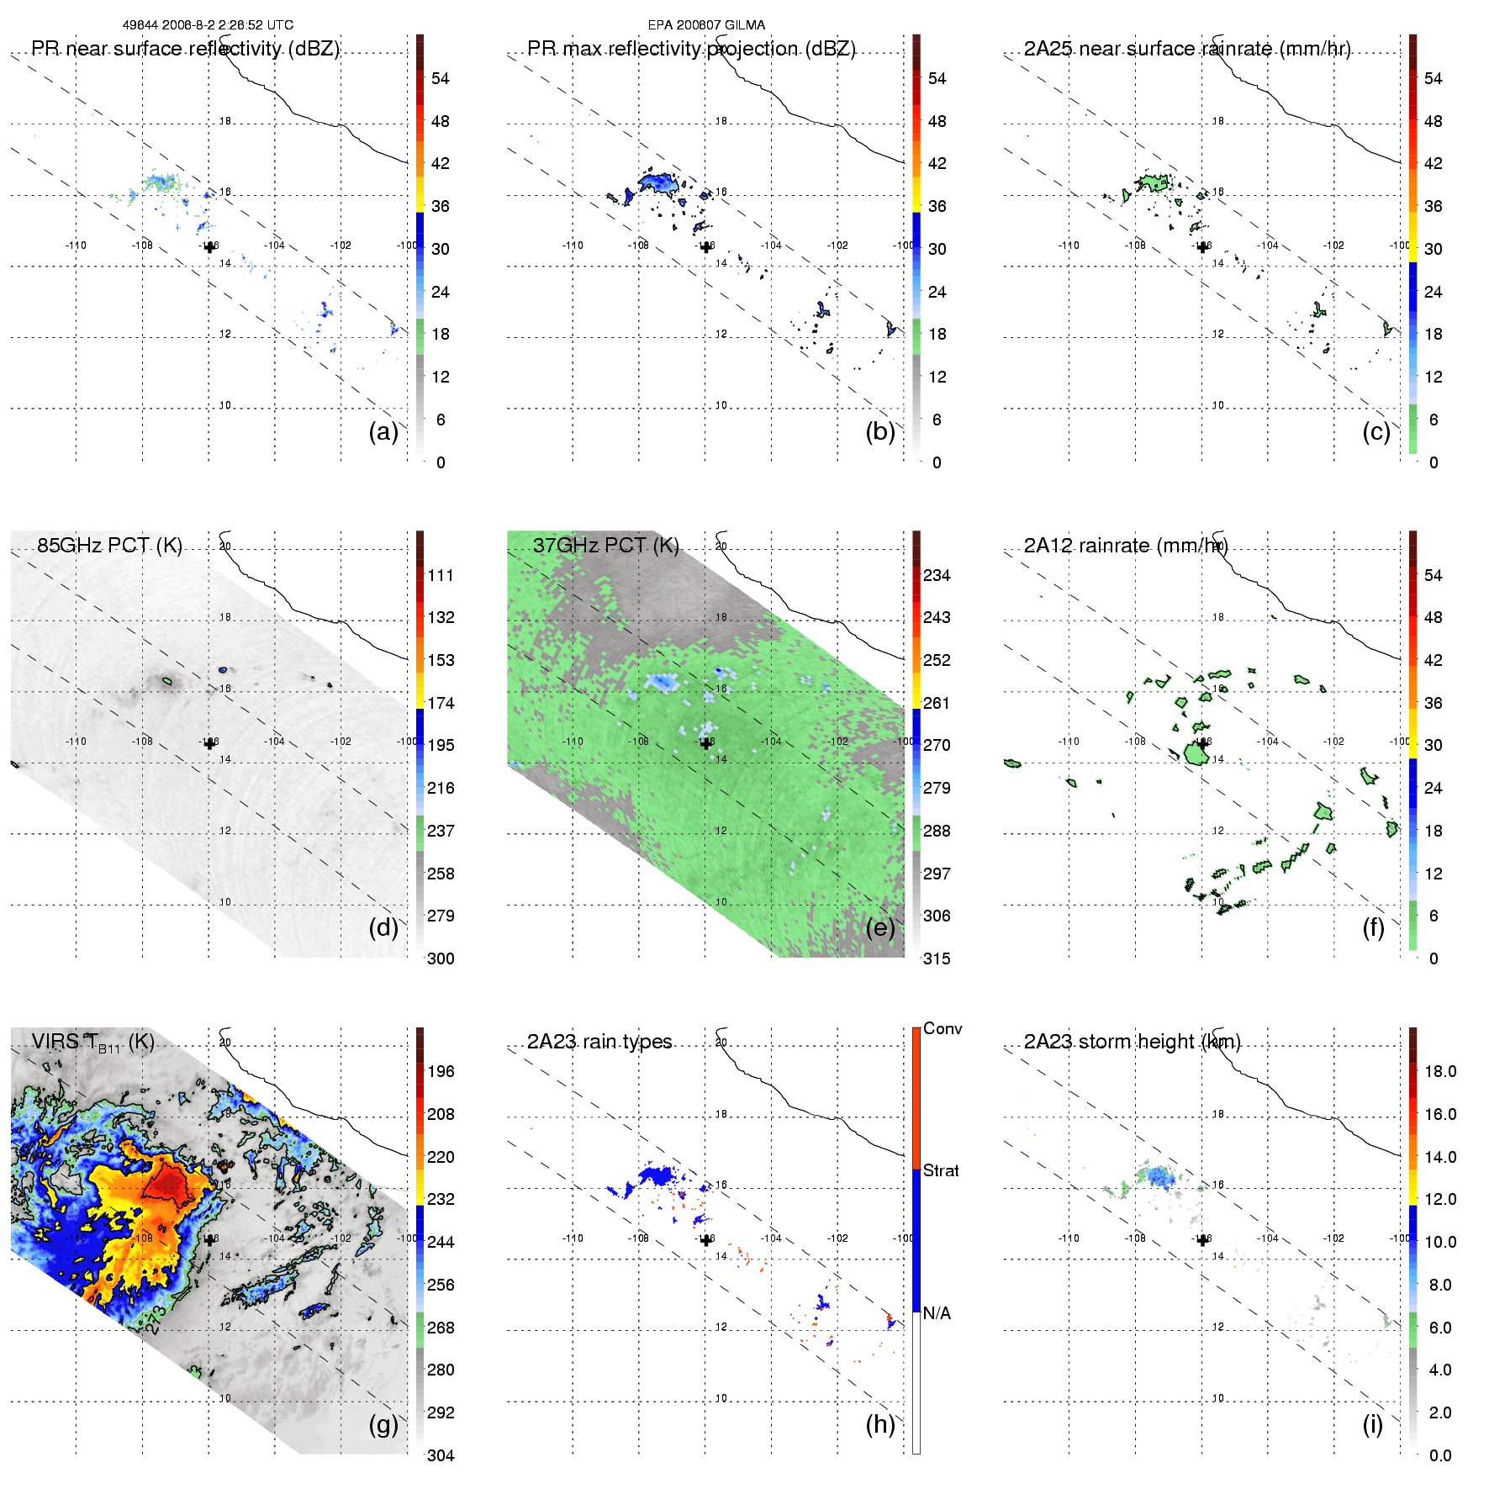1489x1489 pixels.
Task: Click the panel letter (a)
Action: pyautogui.click(x=383, y=432)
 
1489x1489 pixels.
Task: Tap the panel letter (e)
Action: pyautogui.click(x=879, y=928)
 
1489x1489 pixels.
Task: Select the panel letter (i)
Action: pyautogui.click(x=1372, y=1424)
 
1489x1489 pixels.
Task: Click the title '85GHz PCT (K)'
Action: pyautogui.click(x=109, y=545)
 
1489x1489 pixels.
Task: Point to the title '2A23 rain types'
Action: pyautogui.click(x=599, y=1042)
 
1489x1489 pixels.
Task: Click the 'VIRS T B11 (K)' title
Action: pyautogui.click(x=92, y=1043)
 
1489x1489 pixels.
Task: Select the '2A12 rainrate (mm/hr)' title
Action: pyautogui.click(x=1126, y=545)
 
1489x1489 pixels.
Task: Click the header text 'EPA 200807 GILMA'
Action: pyautogui.click(x=706, y=25)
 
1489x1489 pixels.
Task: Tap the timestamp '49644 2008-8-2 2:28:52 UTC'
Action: pyautogui.click(x=208, y=25)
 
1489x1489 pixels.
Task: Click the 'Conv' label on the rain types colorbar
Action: pyautogui.click(x=943, y=1028)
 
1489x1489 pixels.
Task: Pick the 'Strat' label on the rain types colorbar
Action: pyautogui.click(x=941, y=1170)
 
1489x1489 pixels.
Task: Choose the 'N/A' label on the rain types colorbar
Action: pyautogui.click(x=937, y=1313)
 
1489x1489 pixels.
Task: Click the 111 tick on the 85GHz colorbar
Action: pyautogui.click(x=441, y=575)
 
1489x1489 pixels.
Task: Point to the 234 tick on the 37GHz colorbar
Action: pyautogui.click(x=937, y=575)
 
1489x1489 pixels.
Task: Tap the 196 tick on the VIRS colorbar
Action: pyautogui.click(x=441, y=1071)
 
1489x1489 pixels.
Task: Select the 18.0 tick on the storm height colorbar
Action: pyautogui.click(x=1440, y=1071)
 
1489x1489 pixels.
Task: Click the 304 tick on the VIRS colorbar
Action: pyautogui.click(x=441, y=1455)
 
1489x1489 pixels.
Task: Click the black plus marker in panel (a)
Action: pyautogui.click(x=209, y=247)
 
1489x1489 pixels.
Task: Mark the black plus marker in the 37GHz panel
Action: pyautogui.click(x=705, y=743)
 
